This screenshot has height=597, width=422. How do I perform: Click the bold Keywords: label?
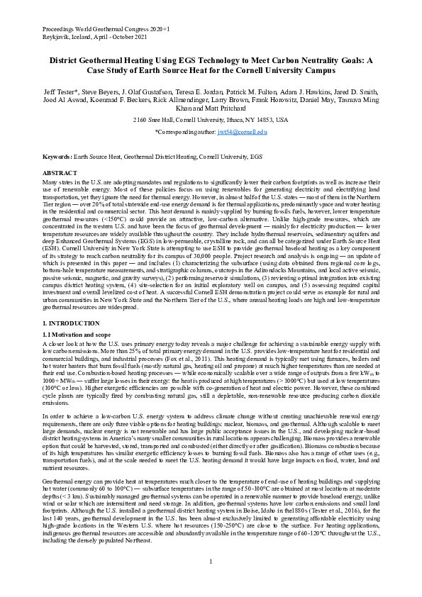[59, 155]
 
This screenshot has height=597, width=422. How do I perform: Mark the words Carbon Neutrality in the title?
[298, 60]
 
